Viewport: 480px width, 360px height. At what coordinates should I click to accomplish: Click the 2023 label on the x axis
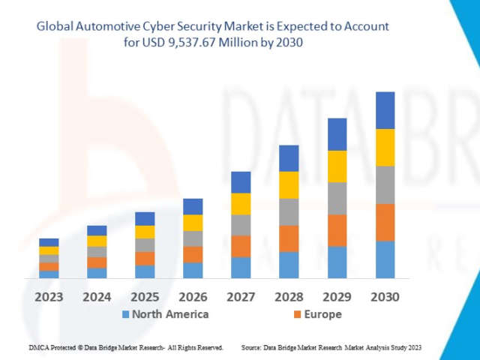point(49,297)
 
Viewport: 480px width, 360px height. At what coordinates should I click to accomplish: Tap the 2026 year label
point(193,297)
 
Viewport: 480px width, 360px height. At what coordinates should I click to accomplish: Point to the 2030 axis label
point(385,297)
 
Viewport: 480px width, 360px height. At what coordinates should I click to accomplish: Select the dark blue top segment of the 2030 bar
point(385,110)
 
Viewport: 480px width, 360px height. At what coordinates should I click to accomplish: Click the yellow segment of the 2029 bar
point(337,166)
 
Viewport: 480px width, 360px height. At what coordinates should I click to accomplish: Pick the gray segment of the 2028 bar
point(289,211)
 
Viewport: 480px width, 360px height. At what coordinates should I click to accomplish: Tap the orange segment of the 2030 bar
point(385,222)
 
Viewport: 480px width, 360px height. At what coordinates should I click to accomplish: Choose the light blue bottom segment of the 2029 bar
point(337,262)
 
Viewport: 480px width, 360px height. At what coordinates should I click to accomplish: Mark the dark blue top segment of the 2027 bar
point(241,182)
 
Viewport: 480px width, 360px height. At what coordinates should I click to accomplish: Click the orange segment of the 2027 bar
point(241,246)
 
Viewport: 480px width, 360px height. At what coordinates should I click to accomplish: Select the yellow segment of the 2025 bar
point(145,232)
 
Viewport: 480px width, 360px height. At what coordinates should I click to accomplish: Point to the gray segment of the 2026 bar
point(193,238)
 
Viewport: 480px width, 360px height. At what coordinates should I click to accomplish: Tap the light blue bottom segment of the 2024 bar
point(97,273)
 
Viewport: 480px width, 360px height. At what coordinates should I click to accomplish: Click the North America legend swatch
point(125,314)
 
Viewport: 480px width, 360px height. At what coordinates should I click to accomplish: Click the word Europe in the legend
point(323,314)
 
